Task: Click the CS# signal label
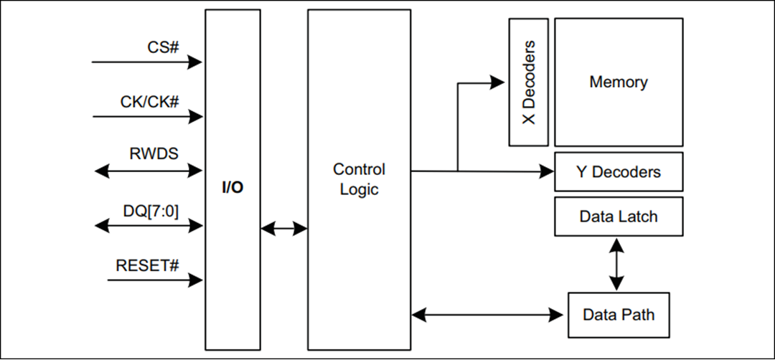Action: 164,47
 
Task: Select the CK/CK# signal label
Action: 149,102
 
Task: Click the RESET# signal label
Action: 147,265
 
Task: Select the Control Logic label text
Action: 359,179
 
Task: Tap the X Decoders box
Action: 528,82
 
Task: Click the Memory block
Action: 618,82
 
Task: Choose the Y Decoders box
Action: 618,172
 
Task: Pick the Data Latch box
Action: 618,216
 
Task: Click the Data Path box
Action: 618,315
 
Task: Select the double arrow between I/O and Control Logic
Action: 284,229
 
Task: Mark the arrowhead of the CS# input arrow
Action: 194,62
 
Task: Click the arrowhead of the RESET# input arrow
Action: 194,280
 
